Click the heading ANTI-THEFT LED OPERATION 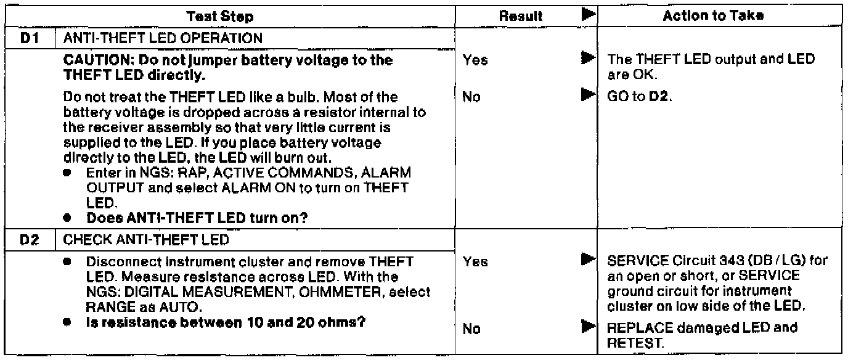pyautogui.click(x=159, y=38)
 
